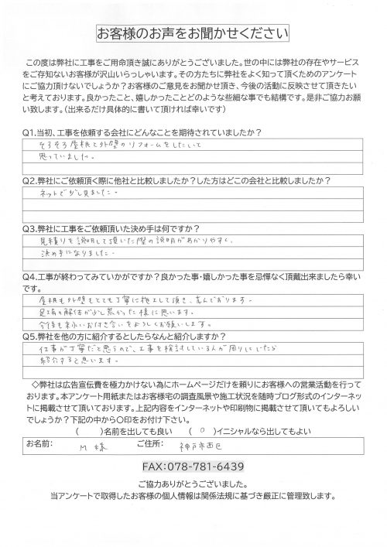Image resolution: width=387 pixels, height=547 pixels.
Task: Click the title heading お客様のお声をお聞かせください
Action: coord(193,35)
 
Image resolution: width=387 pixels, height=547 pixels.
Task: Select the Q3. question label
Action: coord(30,229)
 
